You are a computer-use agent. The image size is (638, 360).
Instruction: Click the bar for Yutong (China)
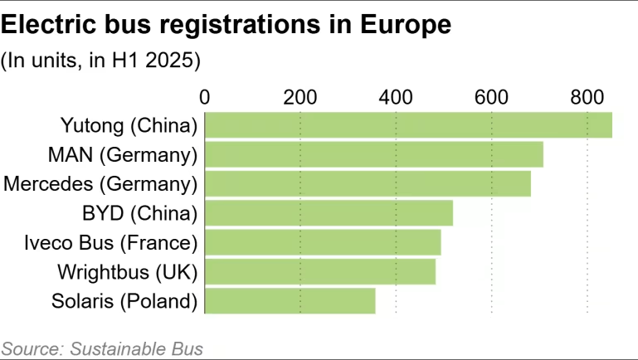tap(408, 125)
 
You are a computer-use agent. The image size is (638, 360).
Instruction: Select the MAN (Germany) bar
tap(373, 154)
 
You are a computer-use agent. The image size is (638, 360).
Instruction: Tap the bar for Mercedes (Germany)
tap(368, 183)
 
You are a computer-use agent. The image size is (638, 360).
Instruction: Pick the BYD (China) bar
tap(329, 213)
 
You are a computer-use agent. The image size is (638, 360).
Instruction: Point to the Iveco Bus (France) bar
tap(323, 242)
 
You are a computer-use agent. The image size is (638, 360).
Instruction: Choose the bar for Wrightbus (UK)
tap(319, 271)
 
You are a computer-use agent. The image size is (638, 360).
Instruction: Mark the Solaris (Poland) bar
tap(290, 300)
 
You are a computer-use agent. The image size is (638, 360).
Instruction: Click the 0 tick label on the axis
tap(205, 96)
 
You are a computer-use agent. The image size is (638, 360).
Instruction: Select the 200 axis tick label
tap(300, 96)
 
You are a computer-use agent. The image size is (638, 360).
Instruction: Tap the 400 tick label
tap(396, 96)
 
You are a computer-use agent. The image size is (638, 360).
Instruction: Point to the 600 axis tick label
tap(492, 96)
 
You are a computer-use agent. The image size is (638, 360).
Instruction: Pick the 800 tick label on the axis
tap(587, 96)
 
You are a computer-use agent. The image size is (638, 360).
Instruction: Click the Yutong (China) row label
tap(129, 125)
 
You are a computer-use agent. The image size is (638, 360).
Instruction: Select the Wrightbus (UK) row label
tap(128, 271)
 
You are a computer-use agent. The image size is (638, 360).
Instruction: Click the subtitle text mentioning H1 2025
tap(102, 61)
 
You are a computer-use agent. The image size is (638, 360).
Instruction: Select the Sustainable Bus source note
tap(102, 348)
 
